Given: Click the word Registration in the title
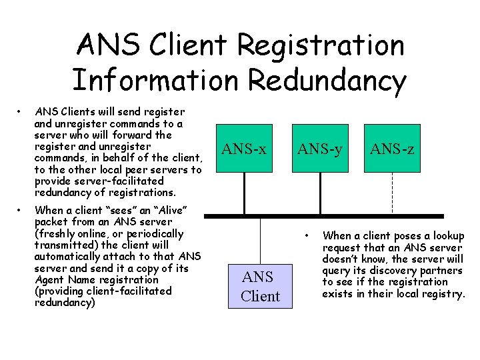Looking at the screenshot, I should point(320,45).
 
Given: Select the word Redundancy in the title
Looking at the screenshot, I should point(327,80).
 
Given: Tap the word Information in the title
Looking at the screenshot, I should point(155,80).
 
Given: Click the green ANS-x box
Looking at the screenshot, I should point(244,149).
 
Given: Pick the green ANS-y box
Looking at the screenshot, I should point(320,149).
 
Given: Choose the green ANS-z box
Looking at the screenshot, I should point(393,149).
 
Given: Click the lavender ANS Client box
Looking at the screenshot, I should point(260,286).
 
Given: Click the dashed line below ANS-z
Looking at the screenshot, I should point(393,193).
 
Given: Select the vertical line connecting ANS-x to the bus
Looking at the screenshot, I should point(244,194).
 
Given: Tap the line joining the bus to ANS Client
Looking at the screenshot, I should point(260,241).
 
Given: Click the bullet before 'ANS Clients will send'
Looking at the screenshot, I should point(22,111).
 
